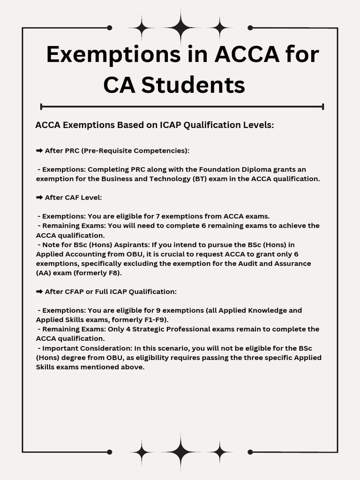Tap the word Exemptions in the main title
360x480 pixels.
click(x=112, y=55)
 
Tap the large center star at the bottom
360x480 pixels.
click(x=180, y=452)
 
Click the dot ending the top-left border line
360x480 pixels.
click(x=110, y=28)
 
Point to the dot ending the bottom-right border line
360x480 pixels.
click(x=250, y=452)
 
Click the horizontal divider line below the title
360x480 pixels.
click(x=182, y=106)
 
